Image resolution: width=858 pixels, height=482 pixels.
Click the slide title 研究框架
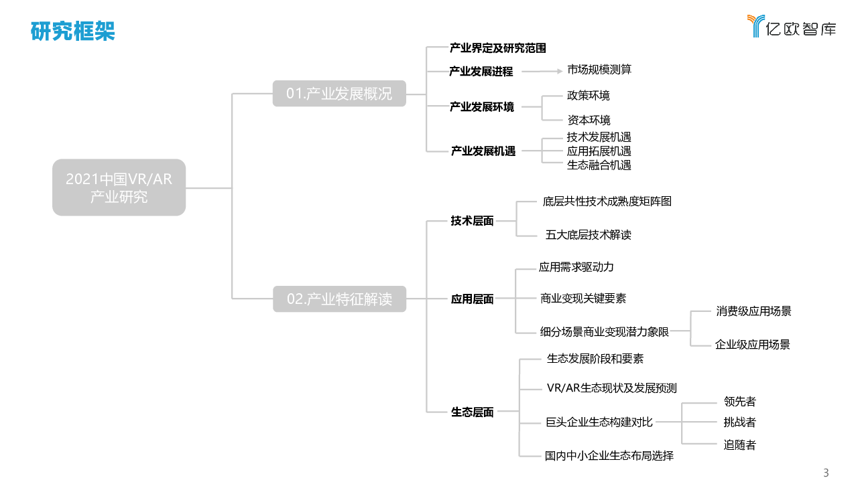tap(72, 31)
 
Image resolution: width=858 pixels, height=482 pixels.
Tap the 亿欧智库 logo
tap(792, 26)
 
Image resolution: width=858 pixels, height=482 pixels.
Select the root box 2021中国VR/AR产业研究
tap(119, 187)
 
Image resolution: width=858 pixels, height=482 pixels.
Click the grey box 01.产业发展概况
tap(339, 94)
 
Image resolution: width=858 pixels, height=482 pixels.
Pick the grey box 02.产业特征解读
tap(339, 299)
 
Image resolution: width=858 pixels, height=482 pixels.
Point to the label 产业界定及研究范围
tap(497, 48)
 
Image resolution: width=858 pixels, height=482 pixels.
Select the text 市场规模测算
tap(599, 70)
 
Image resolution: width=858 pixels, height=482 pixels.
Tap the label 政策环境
tap(588, 96)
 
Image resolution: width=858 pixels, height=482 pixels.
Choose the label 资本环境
tap(589, 120)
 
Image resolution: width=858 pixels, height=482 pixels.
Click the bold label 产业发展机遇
tap(483, 151)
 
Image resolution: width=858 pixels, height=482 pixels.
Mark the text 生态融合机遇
tap(599, 165)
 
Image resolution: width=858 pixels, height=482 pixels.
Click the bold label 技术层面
tap(472, 221)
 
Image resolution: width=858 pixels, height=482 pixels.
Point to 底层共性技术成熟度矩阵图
tap(607, 202)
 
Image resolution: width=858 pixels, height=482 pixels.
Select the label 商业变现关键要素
tap(583, 299)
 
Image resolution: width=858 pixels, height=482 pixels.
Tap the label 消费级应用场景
tap(753, 311)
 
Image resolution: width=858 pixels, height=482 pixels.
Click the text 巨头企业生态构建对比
tap(599, 422)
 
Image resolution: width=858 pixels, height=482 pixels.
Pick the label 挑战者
tap(739, 422)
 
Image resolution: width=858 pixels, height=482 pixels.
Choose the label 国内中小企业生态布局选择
tap(609, 456)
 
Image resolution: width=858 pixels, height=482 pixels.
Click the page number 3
tap(826, 473)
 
